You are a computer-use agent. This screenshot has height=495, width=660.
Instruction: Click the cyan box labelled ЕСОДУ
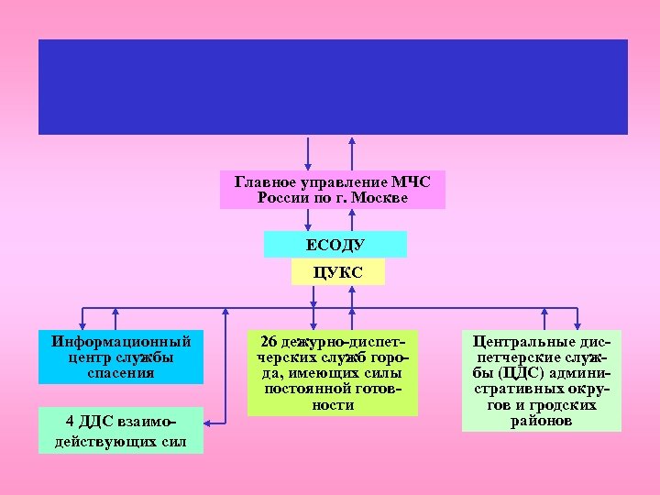pyautogui.click(x=335, y=245)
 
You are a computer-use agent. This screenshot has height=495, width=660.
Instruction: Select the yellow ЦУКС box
pyautogui.click(x=337, y=272)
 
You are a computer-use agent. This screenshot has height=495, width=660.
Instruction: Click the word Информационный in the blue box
pyautogui.click(x=120, y=341)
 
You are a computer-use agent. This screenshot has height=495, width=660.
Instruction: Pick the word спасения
pyautogui.click(x=121, y=373)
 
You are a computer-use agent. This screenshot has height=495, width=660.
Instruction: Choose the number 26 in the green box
pyautogui.click(x=269, y=341)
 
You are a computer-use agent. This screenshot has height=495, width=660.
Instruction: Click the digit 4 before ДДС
pyautogui.click(x=71, y=421)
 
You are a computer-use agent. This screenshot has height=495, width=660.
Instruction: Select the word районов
pyautogui.click(x=542, y=421)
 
